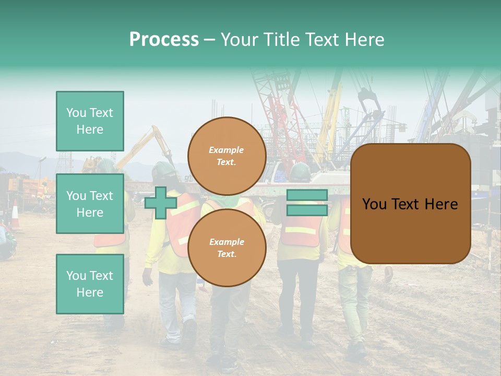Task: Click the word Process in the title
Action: tap(164, 40)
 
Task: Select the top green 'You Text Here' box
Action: tap(90, 121)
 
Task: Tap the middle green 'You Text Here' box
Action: tap(90, 204)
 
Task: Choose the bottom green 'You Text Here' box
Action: tap(90, 284)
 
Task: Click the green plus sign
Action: tap(161, 203)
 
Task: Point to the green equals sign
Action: tap(307, 203)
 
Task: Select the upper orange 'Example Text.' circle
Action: tap(226, 156)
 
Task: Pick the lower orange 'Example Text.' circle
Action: tap(226, 248)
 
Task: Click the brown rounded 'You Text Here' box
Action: tap(410, 204)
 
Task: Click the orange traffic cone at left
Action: tap(15, 215)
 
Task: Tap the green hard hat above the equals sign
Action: tap(300, 172)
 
